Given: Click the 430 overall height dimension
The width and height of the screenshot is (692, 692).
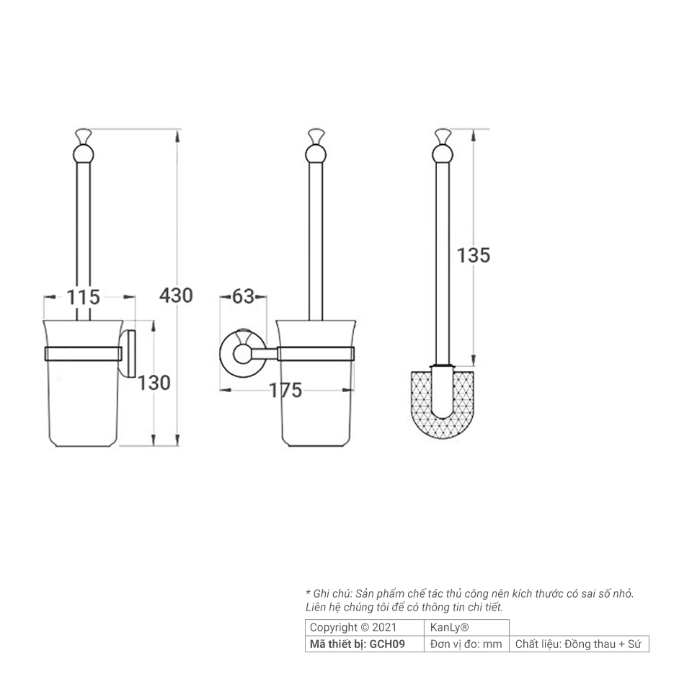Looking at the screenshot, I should (176, 295).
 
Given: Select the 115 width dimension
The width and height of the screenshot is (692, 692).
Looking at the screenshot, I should (84, 296).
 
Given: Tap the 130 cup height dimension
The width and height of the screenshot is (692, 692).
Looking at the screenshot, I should (154, 383).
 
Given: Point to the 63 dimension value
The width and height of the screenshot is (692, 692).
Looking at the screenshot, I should (243, 296).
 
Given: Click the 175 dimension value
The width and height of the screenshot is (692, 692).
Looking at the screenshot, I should (285, 391).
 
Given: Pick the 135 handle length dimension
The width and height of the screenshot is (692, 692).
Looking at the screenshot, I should (473, 255).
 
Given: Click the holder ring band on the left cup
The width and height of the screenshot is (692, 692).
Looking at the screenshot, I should (83, 353).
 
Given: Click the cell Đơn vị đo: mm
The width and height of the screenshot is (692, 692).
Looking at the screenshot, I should (466, 644).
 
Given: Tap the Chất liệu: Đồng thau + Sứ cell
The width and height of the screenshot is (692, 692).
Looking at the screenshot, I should (578, 644).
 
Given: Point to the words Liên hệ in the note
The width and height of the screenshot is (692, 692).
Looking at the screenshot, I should (321, 608).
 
